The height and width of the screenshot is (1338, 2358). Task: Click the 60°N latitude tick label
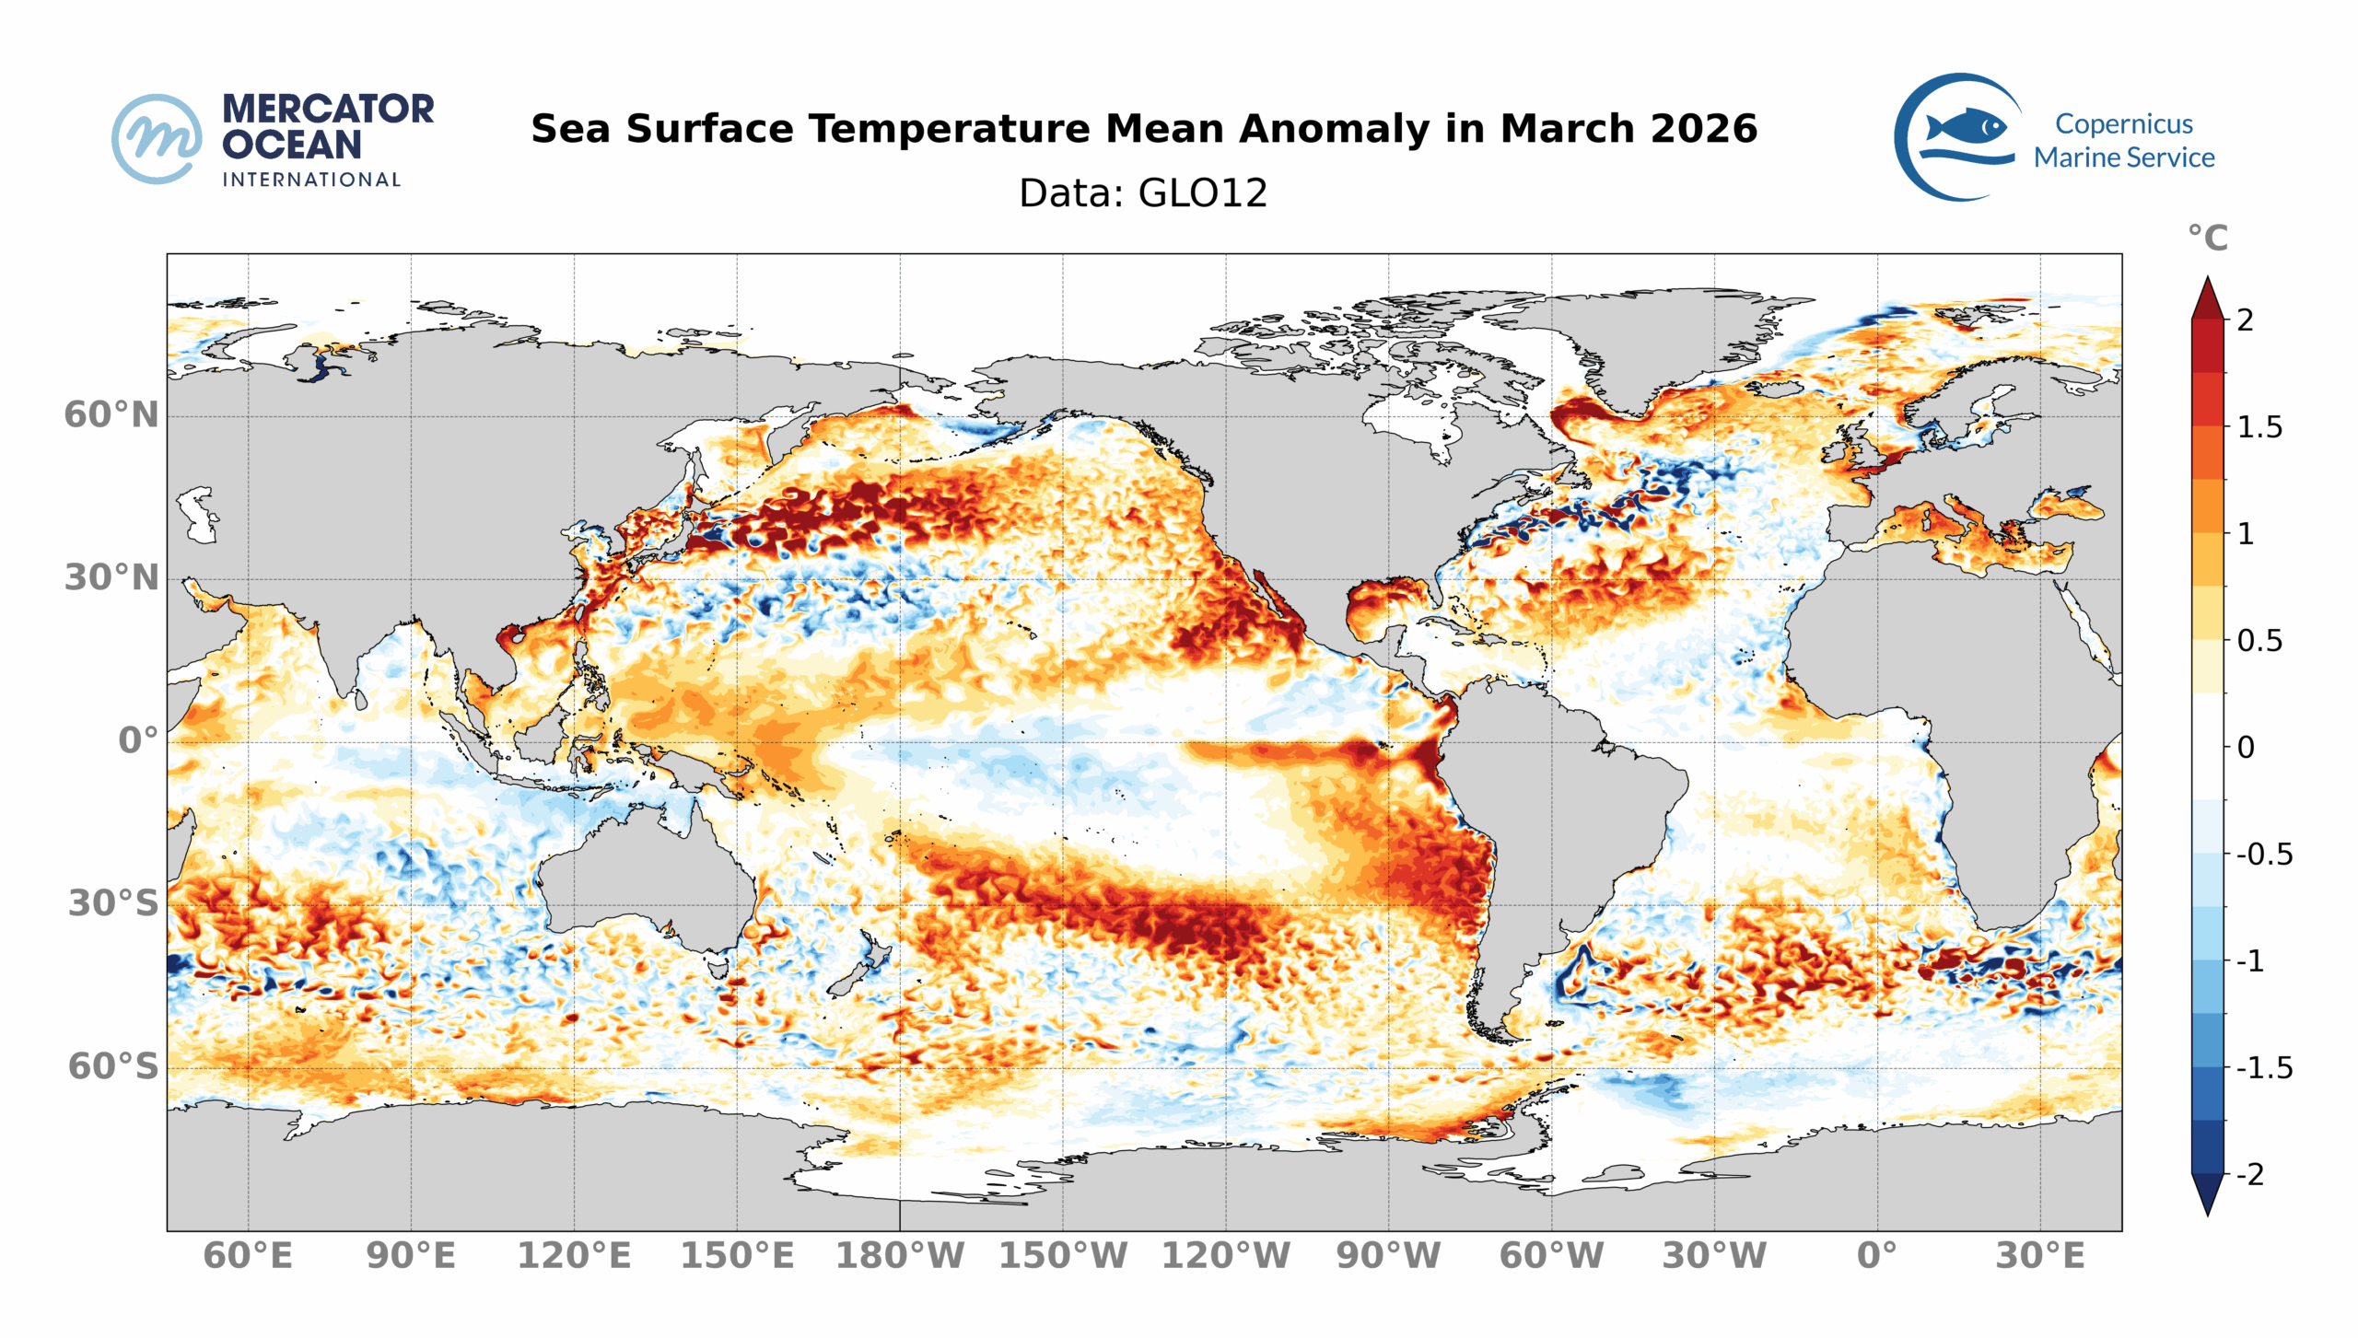tap(111, 415)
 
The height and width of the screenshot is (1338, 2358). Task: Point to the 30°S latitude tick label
tap(113, 904)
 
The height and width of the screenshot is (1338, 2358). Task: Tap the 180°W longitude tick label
tap(899, 1256)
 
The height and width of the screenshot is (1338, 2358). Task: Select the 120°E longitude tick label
tap(574, 1256)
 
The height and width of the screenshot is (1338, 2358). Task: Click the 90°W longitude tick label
tap(1388, 1256)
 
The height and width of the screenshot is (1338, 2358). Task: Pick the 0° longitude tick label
tap(1877, 1256)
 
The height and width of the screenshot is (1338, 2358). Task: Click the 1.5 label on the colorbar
tap(2259, 427)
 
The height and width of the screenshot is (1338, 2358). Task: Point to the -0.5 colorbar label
tap(2264, 855)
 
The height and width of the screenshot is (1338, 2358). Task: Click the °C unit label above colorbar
tap(2208, 239)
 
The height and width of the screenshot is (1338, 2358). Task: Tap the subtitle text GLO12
tap(1203, 193)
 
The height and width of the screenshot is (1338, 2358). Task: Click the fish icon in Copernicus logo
tap(1966, 126)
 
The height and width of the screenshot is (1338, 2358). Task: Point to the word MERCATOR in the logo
tap(328, 109)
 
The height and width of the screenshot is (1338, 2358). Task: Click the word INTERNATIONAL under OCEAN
tap(311, 180)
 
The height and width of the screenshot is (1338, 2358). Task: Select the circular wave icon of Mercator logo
tap(157, 138)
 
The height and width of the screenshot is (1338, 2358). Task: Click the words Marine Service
tap(2124, 157)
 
